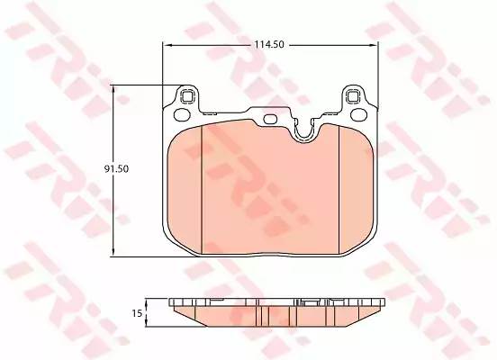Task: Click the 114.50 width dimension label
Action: coord(269,45)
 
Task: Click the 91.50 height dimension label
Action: coord(117,169)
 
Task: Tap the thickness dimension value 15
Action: coord(137,313)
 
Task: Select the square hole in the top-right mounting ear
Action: coord(352,95)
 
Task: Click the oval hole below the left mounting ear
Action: coord(182,114)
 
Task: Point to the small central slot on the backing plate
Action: coord(270,119)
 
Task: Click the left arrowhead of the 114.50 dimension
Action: coord(167,46)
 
